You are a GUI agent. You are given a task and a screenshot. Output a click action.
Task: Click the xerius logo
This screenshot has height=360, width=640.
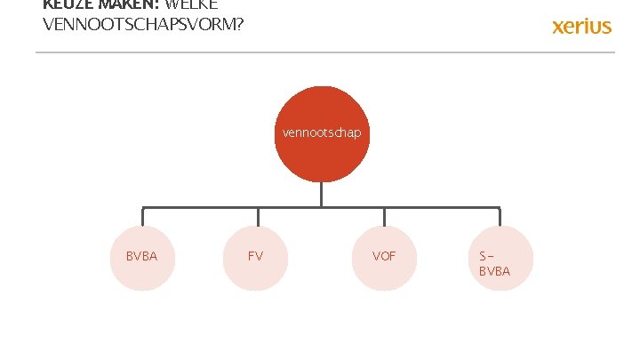[x=582, y=26]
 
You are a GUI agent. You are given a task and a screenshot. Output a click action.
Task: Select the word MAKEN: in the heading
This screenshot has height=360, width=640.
[x=128, y=4]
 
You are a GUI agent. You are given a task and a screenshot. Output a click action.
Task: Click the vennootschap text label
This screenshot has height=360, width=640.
[x=322, y=132]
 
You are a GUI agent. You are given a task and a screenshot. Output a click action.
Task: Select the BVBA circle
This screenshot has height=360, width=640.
[x=142, y=258]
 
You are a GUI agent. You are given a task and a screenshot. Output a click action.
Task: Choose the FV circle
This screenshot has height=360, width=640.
[x=256, y=258]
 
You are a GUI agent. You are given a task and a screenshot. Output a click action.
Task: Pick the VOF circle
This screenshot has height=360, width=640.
[x=384, y=258]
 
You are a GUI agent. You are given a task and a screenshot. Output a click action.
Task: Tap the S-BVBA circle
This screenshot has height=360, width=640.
[x=499, y=258]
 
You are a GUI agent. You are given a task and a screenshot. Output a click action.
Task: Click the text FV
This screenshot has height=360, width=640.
[x=255, y=256]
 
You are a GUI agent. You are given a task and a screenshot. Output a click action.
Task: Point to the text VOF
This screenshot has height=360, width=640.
[x=384, y=256]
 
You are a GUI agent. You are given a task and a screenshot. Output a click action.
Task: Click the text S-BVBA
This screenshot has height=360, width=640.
[x=494, y=264]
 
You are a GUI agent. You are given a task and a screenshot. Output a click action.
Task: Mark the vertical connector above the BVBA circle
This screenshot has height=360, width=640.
[x=142, y=217]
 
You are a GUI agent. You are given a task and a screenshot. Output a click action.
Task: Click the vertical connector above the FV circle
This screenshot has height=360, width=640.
[x=259, y=217]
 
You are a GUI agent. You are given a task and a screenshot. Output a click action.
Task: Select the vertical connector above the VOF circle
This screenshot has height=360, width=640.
[x=384, y=217]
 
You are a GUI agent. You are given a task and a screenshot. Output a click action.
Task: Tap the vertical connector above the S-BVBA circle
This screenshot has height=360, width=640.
[x=500, y=217]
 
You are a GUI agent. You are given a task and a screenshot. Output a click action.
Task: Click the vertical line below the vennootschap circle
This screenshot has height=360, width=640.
[x=322, y=195]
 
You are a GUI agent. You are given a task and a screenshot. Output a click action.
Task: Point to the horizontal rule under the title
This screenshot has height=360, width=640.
[x=324, y=52]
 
